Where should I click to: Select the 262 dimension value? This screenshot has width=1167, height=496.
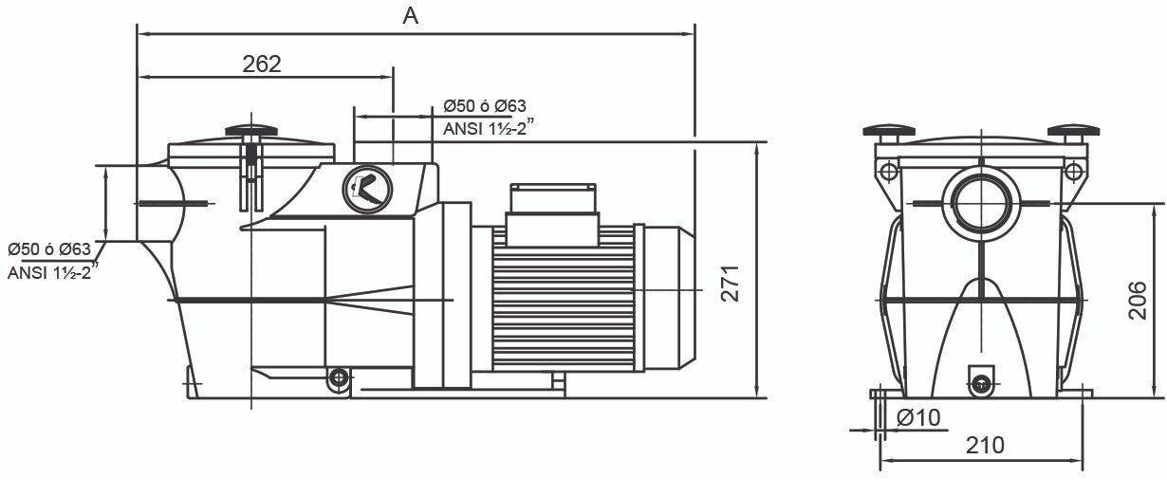tap(262, 64)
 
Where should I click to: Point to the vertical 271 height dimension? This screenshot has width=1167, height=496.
tap(729, 283)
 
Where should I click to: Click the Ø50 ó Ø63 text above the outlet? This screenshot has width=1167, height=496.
tap(485, 106)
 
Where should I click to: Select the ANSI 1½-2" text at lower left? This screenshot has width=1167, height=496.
tap(52, 272)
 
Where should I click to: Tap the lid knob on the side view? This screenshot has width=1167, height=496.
tap(250, 130)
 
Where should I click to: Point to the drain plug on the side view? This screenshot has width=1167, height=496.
tap(337, 378)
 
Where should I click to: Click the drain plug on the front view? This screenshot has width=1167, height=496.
tap(981, 383)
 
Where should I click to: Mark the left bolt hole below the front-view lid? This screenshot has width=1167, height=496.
tap(888, 173)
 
